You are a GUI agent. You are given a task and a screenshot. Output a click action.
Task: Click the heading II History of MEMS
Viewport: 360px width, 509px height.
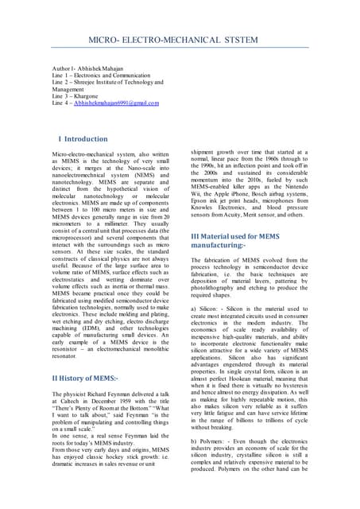85,378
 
